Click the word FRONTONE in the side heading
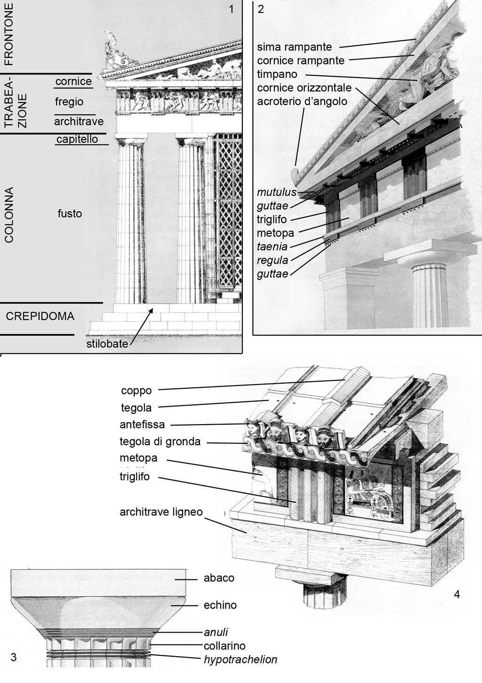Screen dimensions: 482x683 pyautogui.click(x=9, y=34)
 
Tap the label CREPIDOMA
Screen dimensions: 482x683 pyautogui.click(x=40, y=316)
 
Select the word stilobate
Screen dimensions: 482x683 pyautogui.click(x=107, y=344)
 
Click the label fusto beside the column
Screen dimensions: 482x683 pyautogui.click(x=70, y=213)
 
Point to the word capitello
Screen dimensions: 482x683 pyautogui.click(x=77, y=139)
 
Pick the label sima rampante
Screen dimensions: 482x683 pyautogui.click(x=295, y=47)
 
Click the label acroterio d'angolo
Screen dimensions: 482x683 pyautogui.click(x=302, y=101)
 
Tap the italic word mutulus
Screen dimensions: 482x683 pyautogui.click(x=277, y=192)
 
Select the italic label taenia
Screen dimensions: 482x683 pyautogui.click(x=272, y=247)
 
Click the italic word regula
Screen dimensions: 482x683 pyautogui.click(x=273, y=260)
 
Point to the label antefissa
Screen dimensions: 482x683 pyautogui.click(x=142, y=425)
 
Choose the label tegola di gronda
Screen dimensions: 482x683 pyautogui.click(x=160, y=442)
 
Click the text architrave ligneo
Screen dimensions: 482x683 pyautogui.click(x=161, y=512)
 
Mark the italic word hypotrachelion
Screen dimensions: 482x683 pyautogui.click(x=241, y=659)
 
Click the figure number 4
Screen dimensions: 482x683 pyautogui.click(x=457, y=594)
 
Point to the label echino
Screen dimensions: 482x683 pyautogui.click(x=220, y=605)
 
